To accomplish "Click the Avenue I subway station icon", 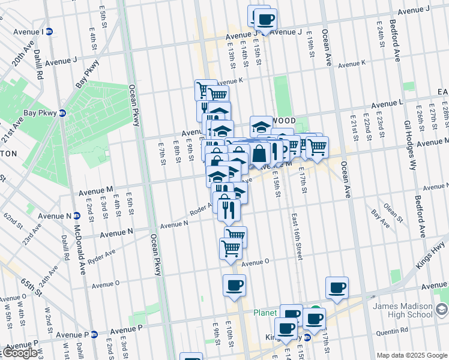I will (x=49, y=31).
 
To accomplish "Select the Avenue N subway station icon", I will (x=77, y=215).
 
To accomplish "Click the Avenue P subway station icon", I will (x=94, y=335).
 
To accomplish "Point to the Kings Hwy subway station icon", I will (x=307, y=337).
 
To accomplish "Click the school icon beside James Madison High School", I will (x=442, y=310).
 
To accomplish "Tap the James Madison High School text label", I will (x=402, y=310).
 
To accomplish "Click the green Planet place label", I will (x=264, y=313).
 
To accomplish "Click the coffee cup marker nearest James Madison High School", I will (x=337, y=287).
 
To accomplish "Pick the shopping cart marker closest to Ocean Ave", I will (x=317, y=146).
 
